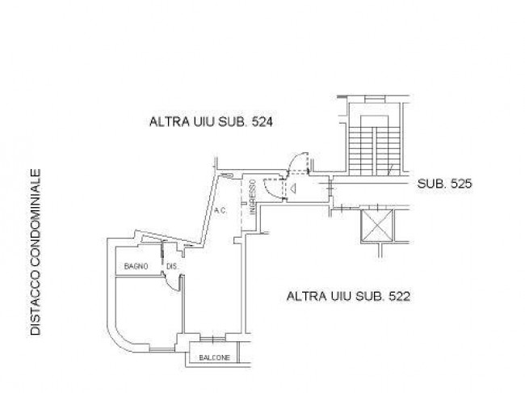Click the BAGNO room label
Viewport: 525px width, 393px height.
pos(136,266)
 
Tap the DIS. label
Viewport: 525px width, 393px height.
pos(172,267)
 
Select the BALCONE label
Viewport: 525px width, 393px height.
pos(215,357)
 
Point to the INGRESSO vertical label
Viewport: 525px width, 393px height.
pos(253,196)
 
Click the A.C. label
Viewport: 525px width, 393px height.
pos(220,211)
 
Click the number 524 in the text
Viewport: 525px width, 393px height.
pos(262,122)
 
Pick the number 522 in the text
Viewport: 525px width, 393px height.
pos(400,297)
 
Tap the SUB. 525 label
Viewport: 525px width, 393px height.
pos(445,184)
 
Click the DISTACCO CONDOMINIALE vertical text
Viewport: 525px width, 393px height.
pos(36,251)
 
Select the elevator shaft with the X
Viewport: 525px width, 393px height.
pos(377,226)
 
